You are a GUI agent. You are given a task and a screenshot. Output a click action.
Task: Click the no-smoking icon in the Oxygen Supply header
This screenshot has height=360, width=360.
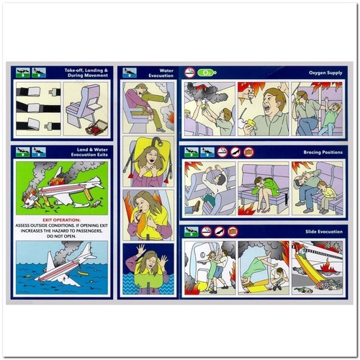[190, 73]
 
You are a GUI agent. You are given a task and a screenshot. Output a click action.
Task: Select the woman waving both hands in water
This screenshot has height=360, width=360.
[146, 269]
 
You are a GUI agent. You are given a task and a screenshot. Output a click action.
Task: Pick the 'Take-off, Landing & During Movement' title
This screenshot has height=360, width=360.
[85, 73]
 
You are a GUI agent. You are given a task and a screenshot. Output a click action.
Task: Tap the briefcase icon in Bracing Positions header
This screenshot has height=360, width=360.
[248, 152]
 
